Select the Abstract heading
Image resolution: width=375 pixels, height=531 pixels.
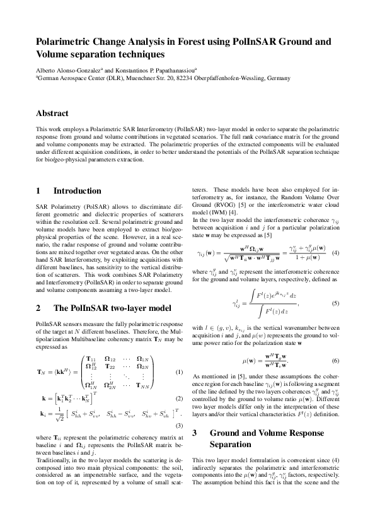pos(52,114)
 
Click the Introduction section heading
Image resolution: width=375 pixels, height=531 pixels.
pos(77,190)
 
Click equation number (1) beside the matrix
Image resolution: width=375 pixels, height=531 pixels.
pos(178,371)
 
